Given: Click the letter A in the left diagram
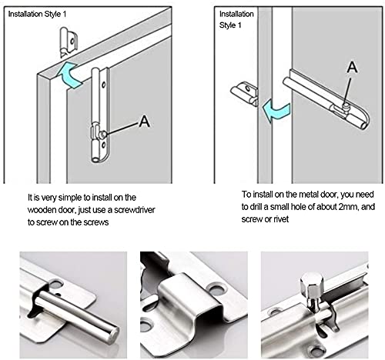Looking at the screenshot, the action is click(144, 121).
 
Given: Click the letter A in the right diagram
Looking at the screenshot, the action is click(352, 67).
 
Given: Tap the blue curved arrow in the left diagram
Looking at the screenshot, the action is click(69, 75).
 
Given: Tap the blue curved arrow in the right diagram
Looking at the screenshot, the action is click(276, 112).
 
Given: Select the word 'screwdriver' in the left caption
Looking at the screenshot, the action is click(134, 210).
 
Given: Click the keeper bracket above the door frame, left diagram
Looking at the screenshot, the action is click(68, 42).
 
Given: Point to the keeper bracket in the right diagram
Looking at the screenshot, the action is click(245, 93).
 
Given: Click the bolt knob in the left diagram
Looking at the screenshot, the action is click(103, 134).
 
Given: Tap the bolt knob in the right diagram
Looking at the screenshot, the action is click(346, 105).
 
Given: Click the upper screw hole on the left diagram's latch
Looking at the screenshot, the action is click(104, 85).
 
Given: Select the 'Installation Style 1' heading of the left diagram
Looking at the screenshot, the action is click(37, 14).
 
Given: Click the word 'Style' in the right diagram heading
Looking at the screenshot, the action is click(228, 25).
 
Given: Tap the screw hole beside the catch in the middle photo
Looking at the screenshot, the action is click(219, 288).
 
